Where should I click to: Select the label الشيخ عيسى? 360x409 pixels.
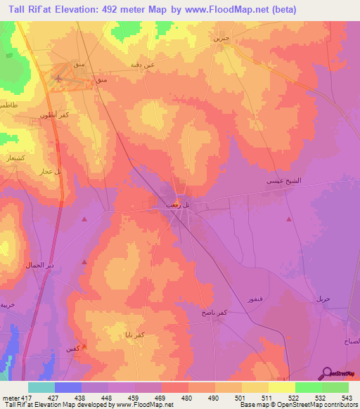(x=283, y=181)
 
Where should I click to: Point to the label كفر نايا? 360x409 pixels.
(x=135, y=335)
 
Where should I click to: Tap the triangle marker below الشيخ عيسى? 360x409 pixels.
(x=290, y=220)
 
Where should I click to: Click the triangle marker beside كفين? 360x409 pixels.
(x=84, y=346)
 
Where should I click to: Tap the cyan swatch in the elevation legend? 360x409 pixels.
(x=41, y=387)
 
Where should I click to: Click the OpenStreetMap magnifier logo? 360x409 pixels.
(x=327, y=373)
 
